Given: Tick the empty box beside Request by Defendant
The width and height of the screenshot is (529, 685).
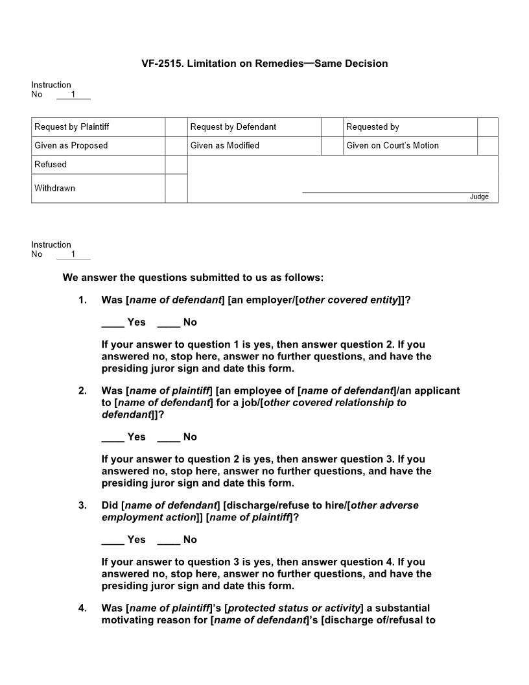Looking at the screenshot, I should point(331,127).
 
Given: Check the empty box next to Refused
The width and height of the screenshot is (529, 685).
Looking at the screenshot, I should point(176,165).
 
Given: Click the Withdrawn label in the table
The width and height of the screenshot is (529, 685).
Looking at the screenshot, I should point(54,188).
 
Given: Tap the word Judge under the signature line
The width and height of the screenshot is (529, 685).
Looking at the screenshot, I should point(479,197).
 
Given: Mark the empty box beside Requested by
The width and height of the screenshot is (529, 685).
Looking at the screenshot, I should point(488,127).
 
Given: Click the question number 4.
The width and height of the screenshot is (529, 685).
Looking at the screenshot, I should point(82,608).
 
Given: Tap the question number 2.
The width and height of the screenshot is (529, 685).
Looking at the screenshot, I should point(82,391).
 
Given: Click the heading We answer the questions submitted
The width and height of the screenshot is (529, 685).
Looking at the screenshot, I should point(193,278).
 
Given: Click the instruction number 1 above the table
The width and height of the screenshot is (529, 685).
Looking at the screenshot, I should point(73,95).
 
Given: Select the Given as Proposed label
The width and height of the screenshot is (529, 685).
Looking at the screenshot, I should point(71,145).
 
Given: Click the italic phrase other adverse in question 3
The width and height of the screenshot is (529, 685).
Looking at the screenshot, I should point(384,505).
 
